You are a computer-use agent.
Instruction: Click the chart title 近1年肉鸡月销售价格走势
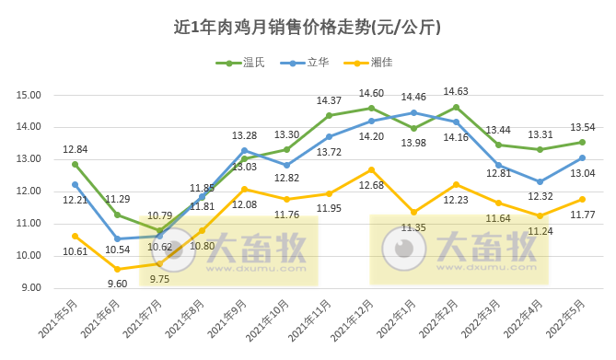pyautogui.click(x=308, y=27)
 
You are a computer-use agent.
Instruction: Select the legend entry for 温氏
pyautogui.click(x=243, y=63)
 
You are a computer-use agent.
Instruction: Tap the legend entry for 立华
pyautogui.click(x=308, y=63)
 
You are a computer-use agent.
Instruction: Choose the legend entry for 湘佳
pyautogui.click(x=372, y=63)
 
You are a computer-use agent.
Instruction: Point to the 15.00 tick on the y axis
pyautogui.click(x=29, y=95)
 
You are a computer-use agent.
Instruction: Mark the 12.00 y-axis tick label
pyautogui.click(x=29, y=192)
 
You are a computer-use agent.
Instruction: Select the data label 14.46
pyautogui.click(x=413, y=97)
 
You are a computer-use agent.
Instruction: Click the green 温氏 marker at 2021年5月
pyautogui.click(x=76, y=164)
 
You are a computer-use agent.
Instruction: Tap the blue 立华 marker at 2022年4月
pyautogui.click(x=540, y=181)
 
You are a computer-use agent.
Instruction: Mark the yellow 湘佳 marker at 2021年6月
pyautogui.click(x=117, y=269)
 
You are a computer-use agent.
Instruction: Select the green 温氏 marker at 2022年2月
pyautogui.click(x=456, y=107)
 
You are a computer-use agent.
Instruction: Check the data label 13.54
pyautogui.click(x=582, y=127)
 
